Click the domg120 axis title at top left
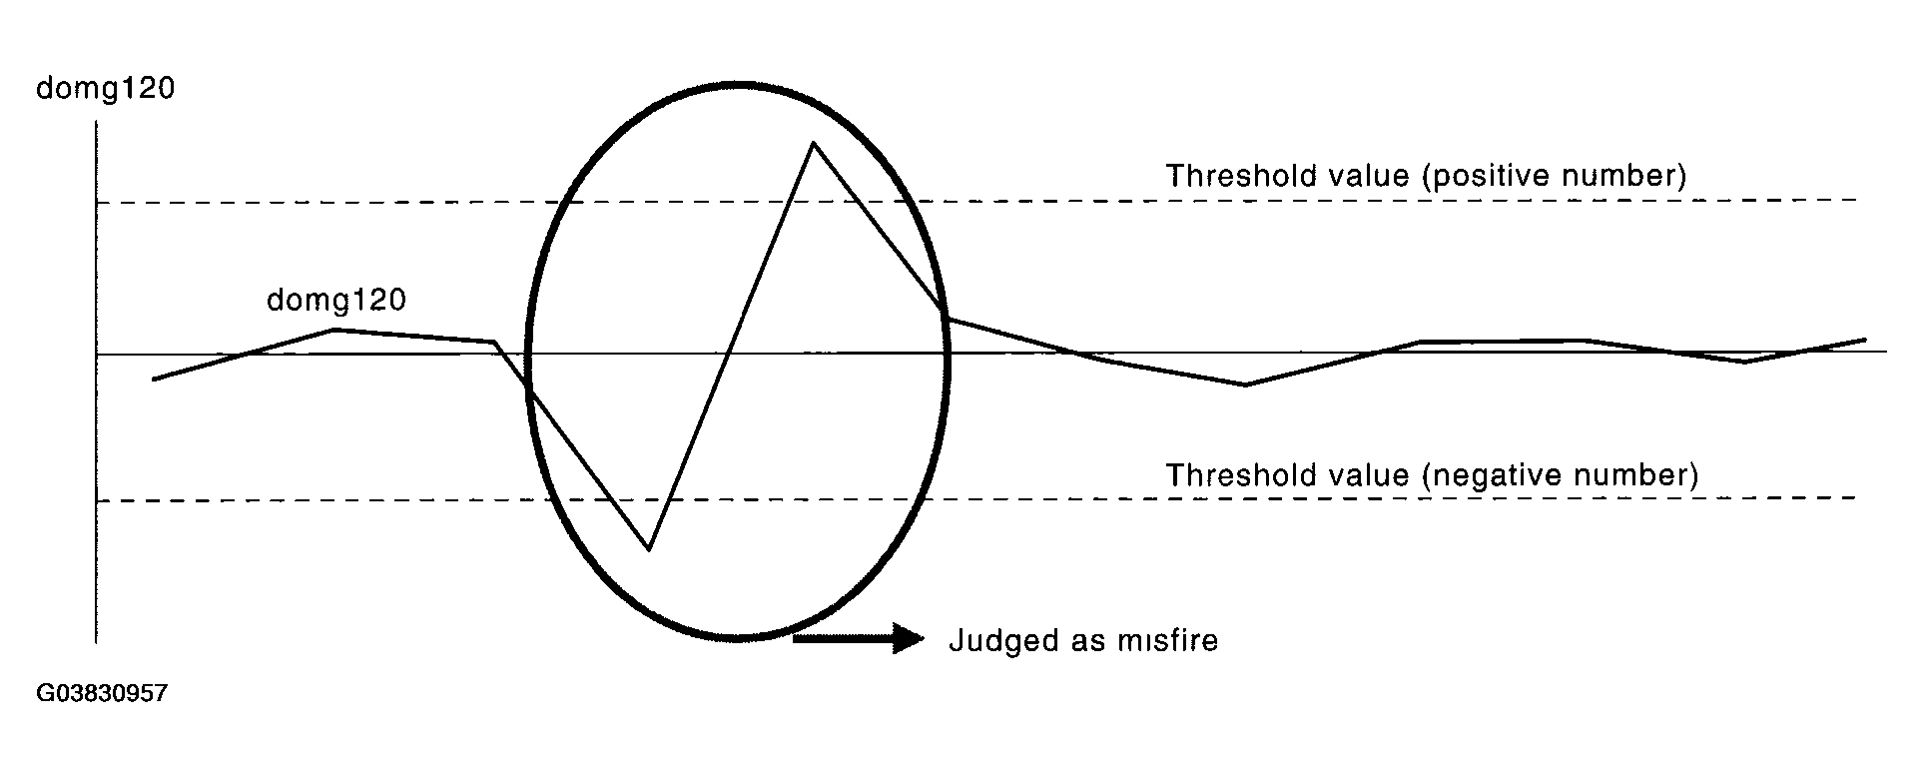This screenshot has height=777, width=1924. [105, 89]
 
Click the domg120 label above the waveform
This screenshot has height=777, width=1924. [335, 300]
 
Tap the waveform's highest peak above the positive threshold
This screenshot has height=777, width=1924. [815, 143]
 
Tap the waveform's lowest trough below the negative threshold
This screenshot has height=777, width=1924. [649, 548]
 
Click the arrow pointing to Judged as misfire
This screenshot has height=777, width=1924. [859, 638]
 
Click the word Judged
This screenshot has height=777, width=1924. [996, 640]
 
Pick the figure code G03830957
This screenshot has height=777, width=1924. [101, 693]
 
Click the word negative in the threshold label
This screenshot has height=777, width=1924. [1484, 474]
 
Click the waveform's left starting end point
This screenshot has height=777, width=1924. [153, 380]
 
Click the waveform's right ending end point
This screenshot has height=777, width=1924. [1865, 340]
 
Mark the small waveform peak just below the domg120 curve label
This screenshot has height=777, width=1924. [335, 329]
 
